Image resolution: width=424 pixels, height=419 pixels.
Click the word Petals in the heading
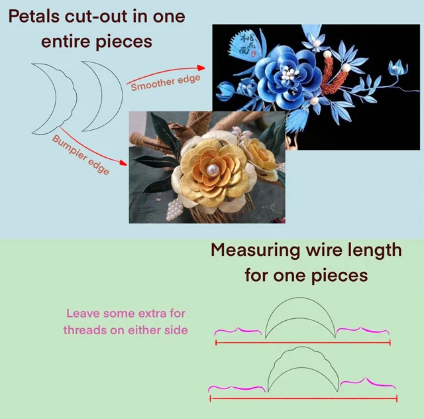point(34,16)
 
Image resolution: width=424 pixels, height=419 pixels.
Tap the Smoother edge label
point(166,83)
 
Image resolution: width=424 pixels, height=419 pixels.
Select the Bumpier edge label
point(81,155)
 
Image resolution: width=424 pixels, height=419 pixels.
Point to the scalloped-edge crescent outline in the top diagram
point(54,99)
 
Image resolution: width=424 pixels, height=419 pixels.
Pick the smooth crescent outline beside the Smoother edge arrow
point(102,96)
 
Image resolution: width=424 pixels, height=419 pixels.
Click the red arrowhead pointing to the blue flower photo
point(201,68)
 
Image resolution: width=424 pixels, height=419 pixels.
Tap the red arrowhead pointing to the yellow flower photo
point(123,162)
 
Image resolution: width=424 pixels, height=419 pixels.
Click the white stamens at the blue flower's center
point(290,74)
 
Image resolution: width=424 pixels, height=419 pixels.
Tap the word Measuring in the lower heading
point(255,251)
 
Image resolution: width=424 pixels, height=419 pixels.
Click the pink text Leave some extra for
point(126,314)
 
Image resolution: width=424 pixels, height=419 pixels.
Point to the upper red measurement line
point(303,343)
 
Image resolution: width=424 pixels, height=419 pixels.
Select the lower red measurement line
point(303,398)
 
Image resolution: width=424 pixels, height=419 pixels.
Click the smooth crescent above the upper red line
point(300,318)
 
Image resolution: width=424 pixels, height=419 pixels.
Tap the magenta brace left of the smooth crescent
point(238,331)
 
